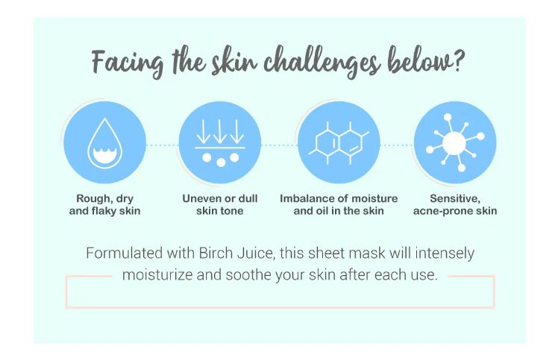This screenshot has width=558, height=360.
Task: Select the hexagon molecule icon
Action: pyautogui.click(x=337, y=146)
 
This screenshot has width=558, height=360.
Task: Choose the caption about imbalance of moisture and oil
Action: pyautogui.click(x=338, y=205)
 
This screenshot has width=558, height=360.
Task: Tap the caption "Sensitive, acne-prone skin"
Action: pyautogui.click(x=454, y=205)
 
